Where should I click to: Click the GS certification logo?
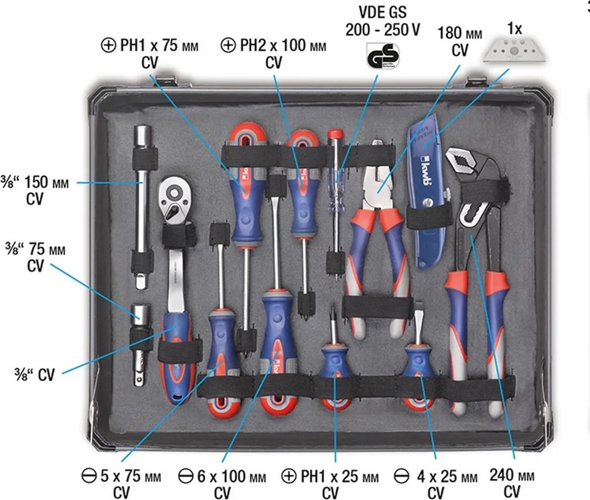(383, 56)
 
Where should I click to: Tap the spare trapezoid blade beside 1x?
(514, 51)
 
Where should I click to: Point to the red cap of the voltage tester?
(335, 134)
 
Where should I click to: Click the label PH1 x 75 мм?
(159, 46)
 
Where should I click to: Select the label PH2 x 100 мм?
(283, 46)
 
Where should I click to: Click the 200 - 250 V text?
(383, 30)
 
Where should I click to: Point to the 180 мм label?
(459, 33)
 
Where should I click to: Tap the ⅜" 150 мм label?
(35, 183)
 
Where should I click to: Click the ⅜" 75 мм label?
(35, 249)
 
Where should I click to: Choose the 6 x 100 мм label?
(232, 476)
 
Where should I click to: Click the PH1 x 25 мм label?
(340, 476)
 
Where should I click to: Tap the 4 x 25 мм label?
(447, 477)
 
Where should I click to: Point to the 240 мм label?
(512, 476)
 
